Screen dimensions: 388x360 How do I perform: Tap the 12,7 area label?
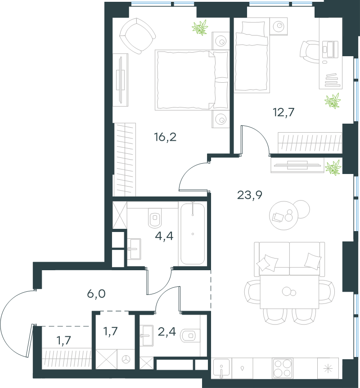click(284, 112)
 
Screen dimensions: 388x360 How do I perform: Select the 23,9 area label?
click(250, 195)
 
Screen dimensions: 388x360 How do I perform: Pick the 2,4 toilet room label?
click(167, 331)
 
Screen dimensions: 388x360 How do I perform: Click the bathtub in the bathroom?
click(193, 234)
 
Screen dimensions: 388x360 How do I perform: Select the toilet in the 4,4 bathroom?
click(154, 219)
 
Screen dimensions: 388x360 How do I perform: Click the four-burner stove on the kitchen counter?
click(282, 368)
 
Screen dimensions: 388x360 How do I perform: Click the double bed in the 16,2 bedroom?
click(191, 80)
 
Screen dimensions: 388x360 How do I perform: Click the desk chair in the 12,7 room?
click(309, 52)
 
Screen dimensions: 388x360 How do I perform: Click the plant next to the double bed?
click(200, 28)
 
